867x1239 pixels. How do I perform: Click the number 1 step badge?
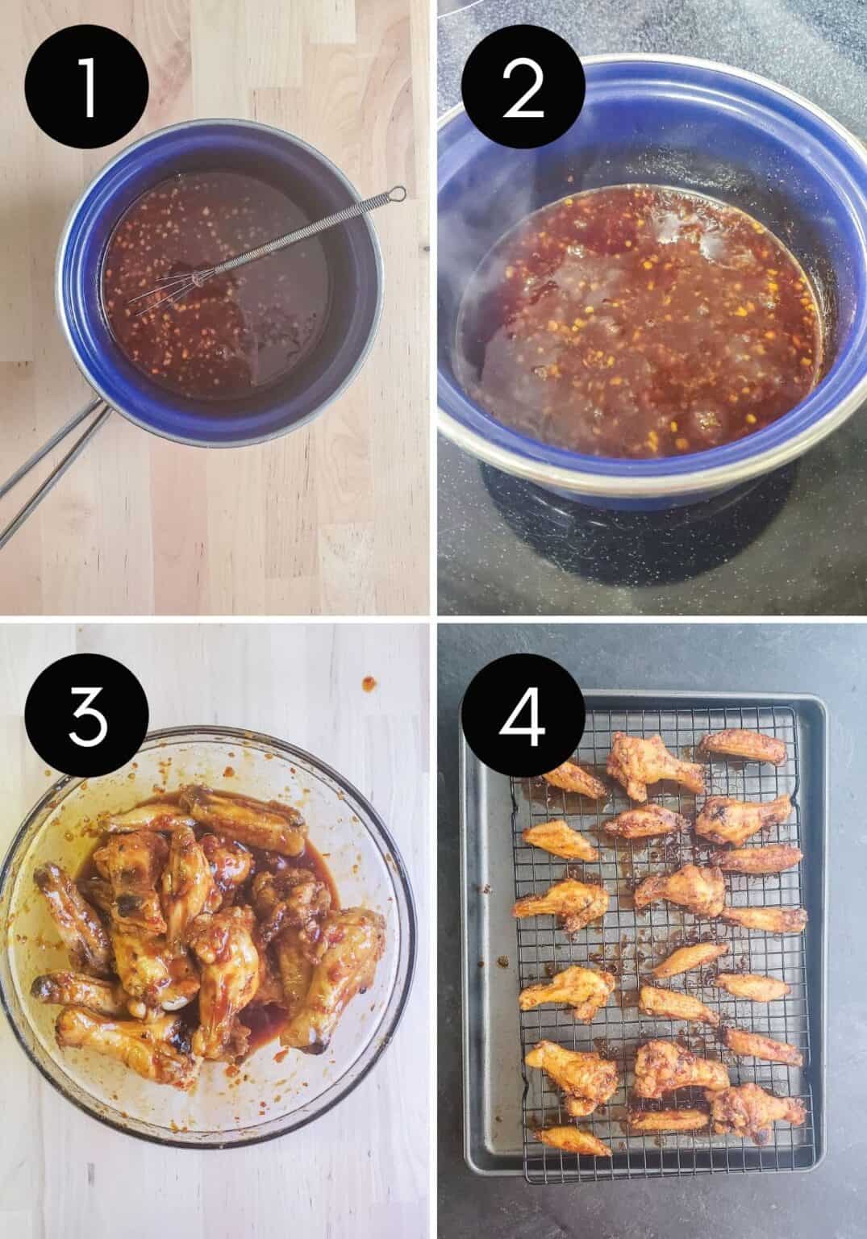86,88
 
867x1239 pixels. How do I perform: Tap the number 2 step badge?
522,88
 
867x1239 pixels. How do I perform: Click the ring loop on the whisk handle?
396,194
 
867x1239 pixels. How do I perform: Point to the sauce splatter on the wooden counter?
369,683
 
